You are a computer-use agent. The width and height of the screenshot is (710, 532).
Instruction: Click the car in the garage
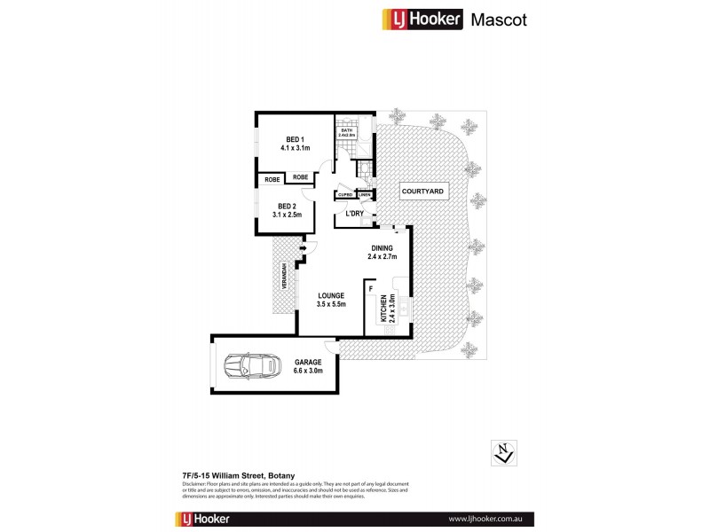(248, 365)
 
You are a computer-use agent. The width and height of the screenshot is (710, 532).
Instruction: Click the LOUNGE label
(330, 299)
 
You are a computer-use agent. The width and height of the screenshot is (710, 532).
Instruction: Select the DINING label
(382, 252)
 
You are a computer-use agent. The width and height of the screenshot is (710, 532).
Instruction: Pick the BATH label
(346, 131)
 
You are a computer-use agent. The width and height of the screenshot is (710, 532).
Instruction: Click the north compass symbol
(502, 453)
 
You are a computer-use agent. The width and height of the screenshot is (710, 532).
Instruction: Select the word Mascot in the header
(498, 19)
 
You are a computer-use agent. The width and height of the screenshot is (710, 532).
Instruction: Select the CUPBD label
(344, 195)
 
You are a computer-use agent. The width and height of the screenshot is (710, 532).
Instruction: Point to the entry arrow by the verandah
(304, 249)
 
